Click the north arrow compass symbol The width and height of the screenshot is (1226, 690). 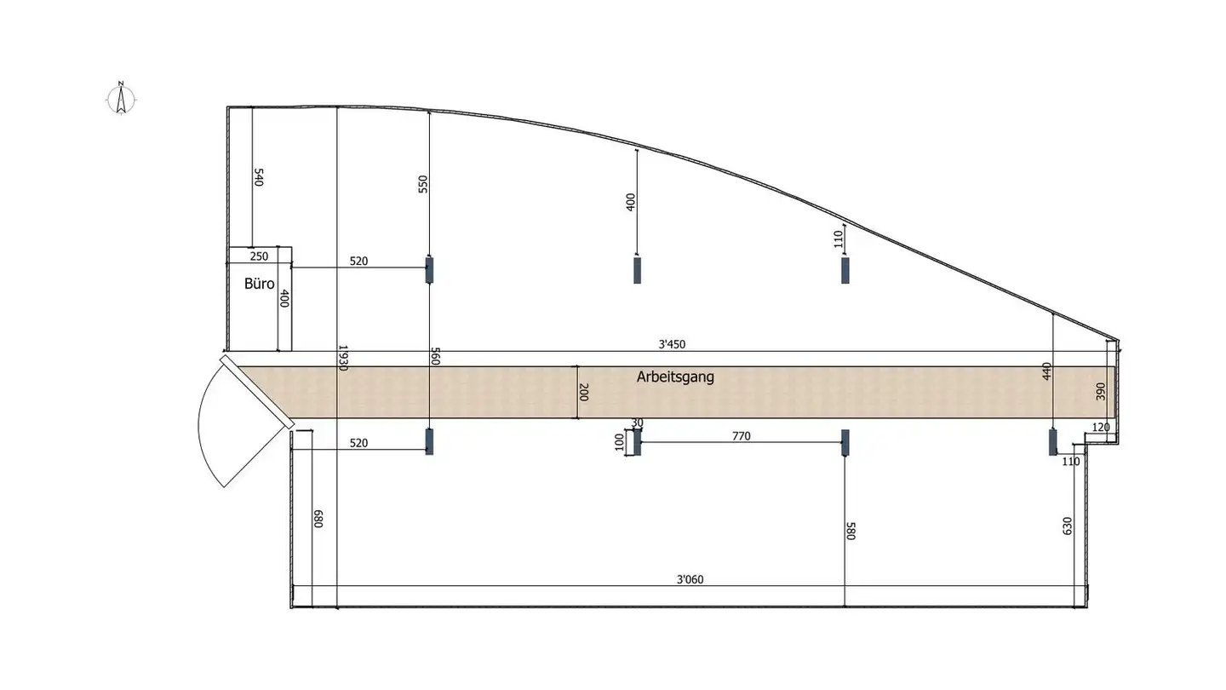pos(121,99)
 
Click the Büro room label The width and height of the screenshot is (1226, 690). pos(259,284)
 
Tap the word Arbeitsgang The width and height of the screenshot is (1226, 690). pos(675,377)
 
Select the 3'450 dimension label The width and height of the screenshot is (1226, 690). pos(672,344)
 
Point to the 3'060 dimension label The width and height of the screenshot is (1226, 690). pos(690,579)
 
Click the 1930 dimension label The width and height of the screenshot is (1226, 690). pos(343,358)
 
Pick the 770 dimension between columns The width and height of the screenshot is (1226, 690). pos(741,436)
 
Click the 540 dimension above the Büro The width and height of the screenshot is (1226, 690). pos(259,177)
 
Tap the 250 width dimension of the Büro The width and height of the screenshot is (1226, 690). pos(259,256)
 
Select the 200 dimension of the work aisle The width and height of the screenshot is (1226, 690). pos(583,392)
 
